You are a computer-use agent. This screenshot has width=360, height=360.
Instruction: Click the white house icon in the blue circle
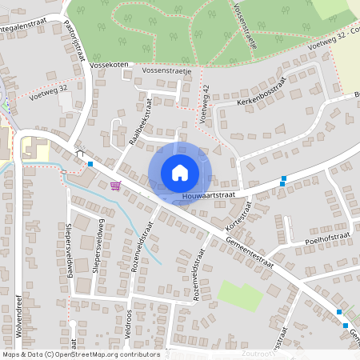[x=179, y=173]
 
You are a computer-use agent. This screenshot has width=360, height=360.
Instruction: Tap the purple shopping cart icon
[x=115, y=186]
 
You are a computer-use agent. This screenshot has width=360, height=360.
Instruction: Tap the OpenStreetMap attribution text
[x=80, y=354]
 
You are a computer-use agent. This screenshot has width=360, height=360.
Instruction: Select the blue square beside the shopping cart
[x=90, y=164]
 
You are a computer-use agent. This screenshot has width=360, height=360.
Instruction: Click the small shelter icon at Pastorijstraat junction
[x=78, y=153]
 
